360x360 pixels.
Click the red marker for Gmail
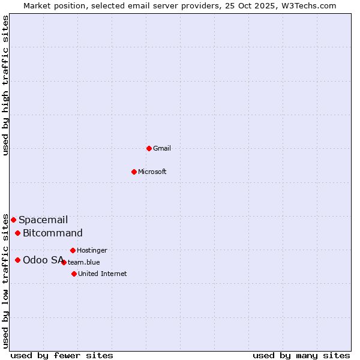pyautogui.click(x=149, y=148)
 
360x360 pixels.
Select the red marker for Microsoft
pyautogui.click(x=134, y=172)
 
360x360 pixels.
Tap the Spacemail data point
pyautogui.click(x=13, y=220)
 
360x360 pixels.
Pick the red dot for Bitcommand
pyautogui.click(x=17, y=233)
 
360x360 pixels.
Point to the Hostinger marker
pyautogui.click(x=73, y=250)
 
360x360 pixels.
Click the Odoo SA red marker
pyautogui.click(x=17, y=260)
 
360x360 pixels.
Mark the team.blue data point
pyautogui.click(x=64, y=262)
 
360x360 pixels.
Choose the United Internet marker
pyautogui.click(x=74, y=274)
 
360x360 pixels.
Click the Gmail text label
pyautogui.click(x=162, y=148)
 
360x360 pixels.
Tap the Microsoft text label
pyautogui.click(x=152, y=172)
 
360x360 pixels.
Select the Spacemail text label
pyautogui.click(x=43, y=220)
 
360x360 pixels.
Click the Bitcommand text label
pyautogui.click(x=53, y=233)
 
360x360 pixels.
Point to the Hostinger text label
pyautogui.click(x=92, y=250)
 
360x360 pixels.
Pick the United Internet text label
pyautogui.click(x=102, y=274)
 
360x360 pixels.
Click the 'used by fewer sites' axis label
pyautogui.click(x=62, y=355)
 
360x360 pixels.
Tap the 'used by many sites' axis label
pyautogui.click(x=301, y=355)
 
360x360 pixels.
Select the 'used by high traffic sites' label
pyautogui.click(x=5, y=85)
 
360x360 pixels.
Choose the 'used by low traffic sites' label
pyautogui.click(x=5, y=280)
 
